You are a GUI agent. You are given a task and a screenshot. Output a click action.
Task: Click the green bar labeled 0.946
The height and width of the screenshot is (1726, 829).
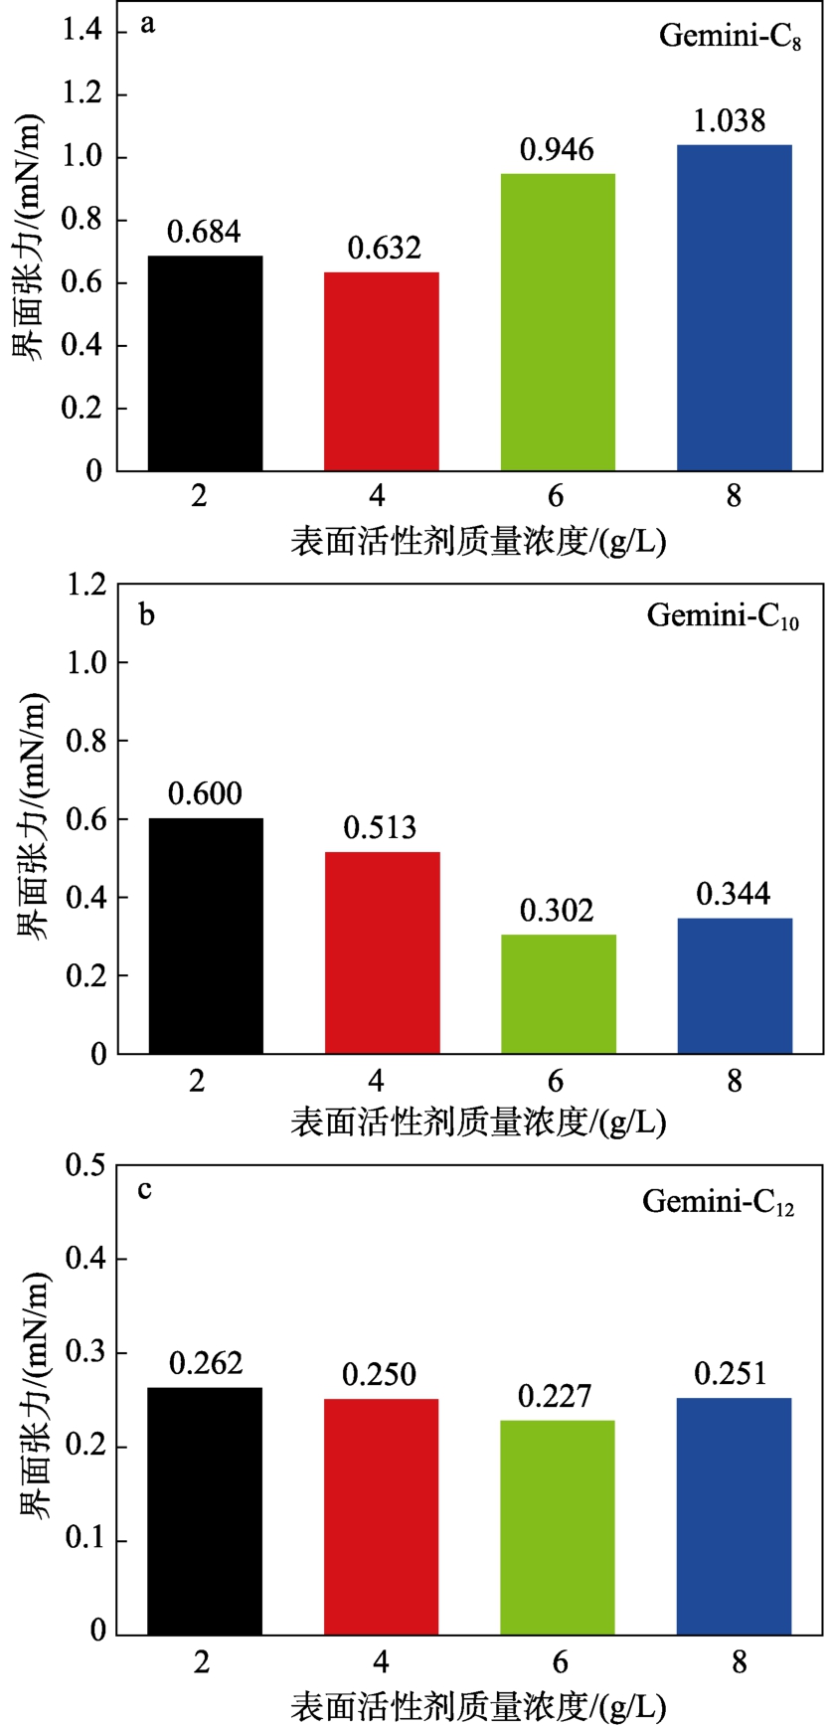pos(558,322)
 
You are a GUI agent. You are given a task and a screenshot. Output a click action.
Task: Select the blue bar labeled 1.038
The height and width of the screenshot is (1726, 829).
pos(735,308)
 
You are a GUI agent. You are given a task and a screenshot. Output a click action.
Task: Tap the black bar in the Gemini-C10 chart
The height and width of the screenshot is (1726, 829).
pos(206,936)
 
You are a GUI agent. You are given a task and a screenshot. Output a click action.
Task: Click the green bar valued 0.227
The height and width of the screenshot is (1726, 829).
pos(558,1527)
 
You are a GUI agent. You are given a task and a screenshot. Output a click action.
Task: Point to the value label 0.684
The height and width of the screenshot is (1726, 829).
pos(204,232)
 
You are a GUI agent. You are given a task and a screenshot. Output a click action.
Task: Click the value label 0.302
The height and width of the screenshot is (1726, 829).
pos(557,910)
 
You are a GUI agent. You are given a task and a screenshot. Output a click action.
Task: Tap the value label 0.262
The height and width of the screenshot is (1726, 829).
pos(206,1363)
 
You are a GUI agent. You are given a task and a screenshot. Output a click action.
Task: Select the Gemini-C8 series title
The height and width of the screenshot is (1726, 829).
pos(730,38)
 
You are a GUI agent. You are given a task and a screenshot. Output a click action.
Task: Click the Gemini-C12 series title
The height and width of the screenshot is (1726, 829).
pos(718,1202)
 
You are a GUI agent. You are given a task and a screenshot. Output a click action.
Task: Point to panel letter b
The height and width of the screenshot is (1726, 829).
pos(147,614)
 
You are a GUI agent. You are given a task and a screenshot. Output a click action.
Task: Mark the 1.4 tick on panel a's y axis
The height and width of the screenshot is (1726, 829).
pos(83,31)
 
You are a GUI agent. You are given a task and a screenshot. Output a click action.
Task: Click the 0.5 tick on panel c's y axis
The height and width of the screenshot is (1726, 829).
pos(85,1165)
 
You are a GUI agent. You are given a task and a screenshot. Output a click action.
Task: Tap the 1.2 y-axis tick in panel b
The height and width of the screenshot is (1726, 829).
pos(85,585)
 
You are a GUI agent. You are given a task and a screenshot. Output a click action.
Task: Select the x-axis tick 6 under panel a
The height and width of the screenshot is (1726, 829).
pos(556,495)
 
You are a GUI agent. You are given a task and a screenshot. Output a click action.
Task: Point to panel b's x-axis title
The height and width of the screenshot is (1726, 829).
pos(478,1122)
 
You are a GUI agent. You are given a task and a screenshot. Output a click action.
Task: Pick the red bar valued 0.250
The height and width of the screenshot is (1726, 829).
pos(382,1516)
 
